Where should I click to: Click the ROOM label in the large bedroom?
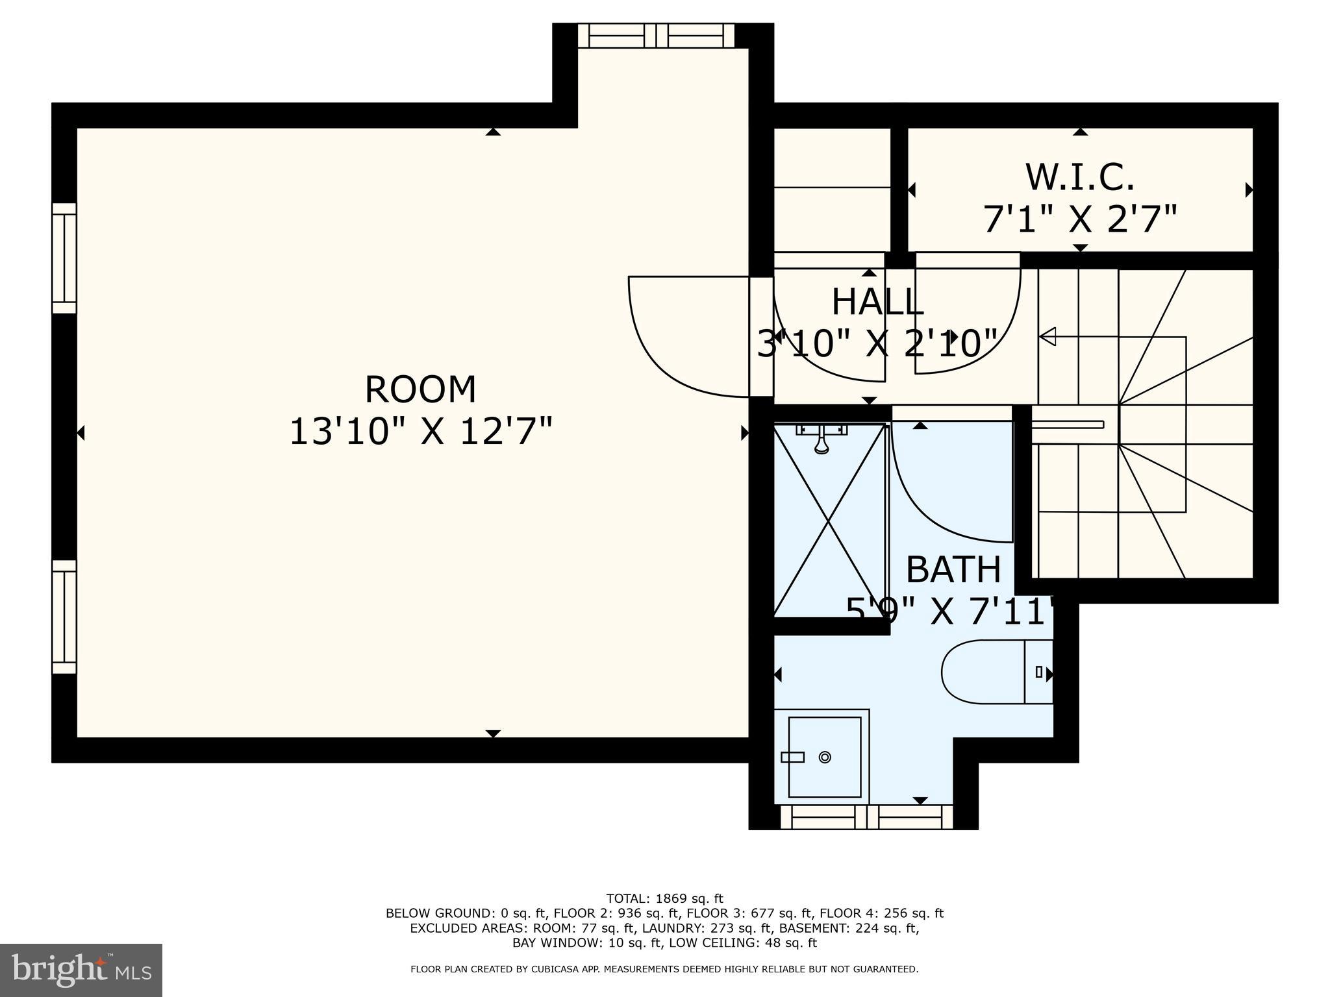coord(420,389)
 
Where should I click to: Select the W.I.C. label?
coord(1079,177)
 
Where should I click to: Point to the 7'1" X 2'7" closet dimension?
coord(1079,219)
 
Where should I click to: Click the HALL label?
coord(877,302)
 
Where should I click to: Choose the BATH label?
coord(953,570)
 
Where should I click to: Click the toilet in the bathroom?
coord(994,672)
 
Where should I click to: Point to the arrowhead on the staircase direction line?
coord(1047,337)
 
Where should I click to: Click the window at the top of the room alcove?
coord(656,35)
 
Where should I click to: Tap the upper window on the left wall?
coord(64,258)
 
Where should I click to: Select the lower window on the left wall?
coord(64,617)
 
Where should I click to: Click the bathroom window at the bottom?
coord(866,817)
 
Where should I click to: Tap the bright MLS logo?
coord(81,970)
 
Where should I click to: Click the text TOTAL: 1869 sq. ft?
coord(664,899)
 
